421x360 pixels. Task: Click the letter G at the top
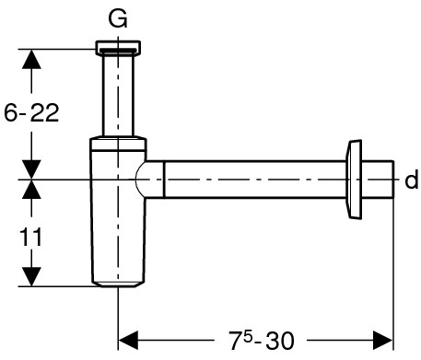118,18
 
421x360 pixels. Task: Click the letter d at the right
412,180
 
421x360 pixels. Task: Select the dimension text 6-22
31,112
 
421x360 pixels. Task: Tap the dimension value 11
30,237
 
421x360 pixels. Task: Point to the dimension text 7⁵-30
262,340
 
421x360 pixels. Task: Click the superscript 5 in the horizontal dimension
248,335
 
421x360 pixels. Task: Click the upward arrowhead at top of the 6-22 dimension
31,59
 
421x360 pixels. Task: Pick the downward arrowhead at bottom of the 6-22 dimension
31,169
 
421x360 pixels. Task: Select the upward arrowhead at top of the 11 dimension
31,190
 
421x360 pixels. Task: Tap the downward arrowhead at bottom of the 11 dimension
31,276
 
